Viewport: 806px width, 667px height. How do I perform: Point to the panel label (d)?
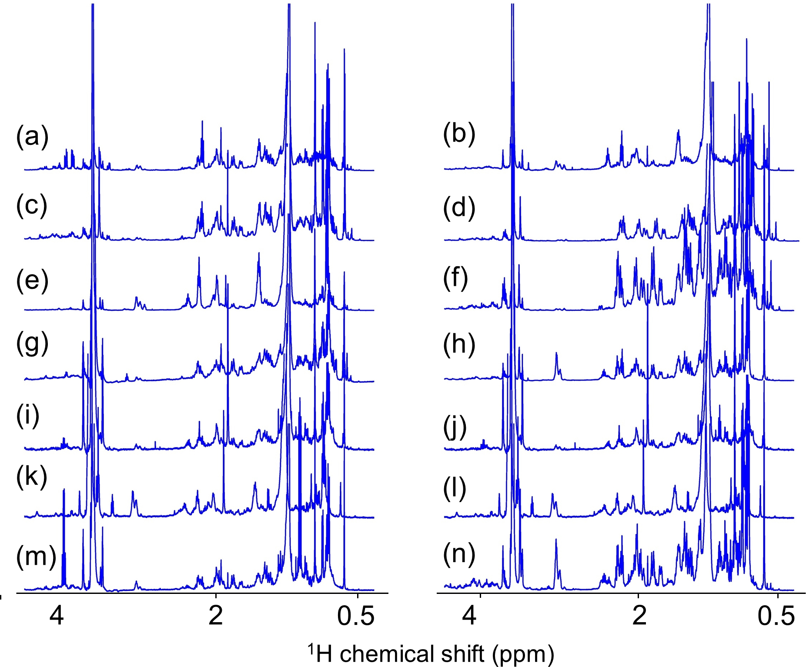point(459,208)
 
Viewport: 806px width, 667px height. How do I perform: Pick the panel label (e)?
point(32,280)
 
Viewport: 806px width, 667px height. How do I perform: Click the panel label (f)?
point(455,278)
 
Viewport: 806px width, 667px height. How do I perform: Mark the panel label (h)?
point(459,345)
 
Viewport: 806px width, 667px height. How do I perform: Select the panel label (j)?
point(455,427)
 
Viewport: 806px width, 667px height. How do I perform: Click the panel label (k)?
point(32,476)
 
